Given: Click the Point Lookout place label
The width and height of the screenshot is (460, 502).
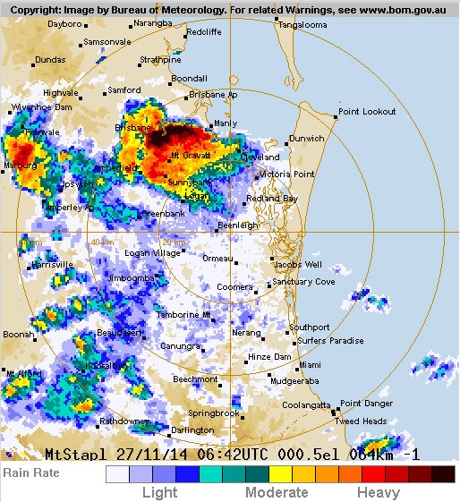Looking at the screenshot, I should click(367, 111).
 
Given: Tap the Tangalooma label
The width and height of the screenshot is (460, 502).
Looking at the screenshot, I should click(302, 25).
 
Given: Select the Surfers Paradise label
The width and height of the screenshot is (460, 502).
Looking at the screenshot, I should click(330, 341).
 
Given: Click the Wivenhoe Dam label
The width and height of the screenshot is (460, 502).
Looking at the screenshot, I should click(41, 106).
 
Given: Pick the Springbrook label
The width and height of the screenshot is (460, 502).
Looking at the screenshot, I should click(214, 413).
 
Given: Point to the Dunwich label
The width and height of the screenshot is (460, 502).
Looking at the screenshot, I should click(306, 139).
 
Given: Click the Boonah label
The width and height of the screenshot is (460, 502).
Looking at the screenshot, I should click(18, 334).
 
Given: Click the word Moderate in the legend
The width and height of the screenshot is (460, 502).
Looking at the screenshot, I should click(277, 492).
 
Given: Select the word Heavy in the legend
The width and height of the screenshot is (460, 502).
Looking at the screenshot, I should click(379, 492).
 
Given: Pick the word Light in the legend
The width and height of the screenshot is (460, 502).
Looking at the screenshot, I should click(160, 492).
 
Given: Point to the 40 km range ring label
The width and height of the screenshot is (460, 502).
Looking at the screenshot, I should click(101, 242).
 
